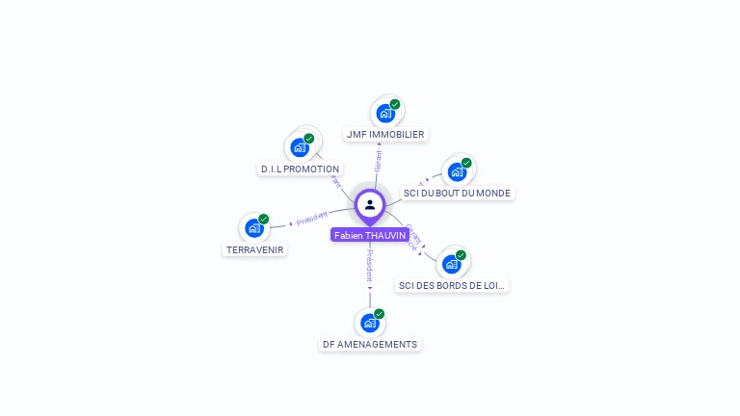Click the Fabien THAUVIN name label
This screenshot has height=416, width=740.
(x=370, y=235)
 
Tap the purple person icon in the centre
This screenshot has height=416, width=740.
(x=370, y=205)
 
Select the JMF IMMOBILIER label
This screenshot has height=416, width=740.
(x=385, y=135)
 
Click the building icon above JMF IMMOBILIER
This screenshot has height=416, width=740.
(x=385, y=113)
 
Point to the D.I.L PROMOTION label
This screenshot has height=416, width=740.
(x=300, y=169)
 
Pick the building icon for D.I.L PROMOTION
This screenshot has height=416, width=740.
(x=300, y=147)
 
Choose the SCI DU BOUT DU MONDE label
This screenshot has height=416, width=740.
(x=457, y=193)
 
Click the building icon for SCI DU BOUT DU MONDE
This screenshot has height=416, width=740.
(x=457, y=171)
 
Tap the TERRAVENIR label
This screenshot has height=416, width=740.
(x=255, y=249)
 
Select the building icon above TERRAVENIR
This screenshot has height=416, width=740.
(x=253, y=228)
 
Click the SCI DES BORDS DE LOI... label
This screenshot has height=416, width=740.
(x=452, y=285)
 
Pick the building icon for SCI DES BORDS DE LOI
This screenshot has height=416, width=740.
(x=451, y=264)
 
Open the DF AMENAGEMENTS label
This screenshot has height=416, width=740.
(x=370, y=344)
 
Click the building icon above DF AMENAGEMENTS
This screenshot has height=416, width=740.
(x=370, y=323)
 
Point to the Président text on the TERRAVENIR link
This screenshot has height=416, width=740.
(x=312, y=219)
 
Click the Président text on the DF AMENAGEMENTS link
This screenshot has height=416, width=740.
(x=370, y=265)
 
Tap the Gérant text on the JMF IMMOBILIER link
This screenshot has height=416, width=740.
(x=378, y=163)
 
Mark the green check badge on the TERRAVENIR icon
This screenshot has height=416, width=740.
(x=263, y=220)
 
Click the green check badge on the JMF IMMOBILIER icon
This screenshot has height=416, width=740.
(x=395, y=104)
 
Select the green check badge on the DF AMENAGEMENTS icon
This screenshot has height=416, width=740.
(x=380, y=314)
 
